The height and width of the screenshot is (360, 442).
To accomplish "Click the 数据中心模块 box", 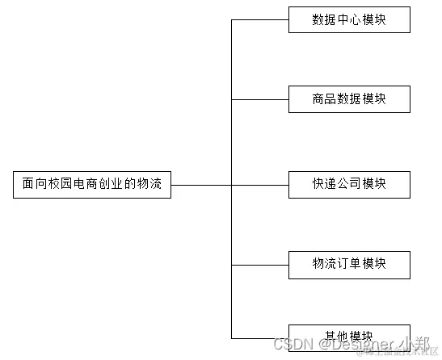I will [349, 20].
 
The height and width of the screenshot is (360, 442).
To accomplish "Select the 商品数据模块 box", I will [349, 99].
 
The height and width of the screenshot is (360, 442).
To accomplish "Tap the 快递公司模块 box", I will [349, 184].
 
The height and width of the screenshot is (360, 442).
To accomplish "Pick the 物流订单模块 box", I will [349, 264].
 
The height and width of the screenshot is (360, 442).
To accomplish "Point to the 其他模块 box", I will [349, 336].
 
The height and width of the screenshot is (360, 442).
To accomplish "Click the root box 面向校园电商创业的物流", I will [92, 185].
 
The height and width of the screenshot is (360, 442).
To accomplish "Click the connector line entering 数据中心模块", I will [260, 20].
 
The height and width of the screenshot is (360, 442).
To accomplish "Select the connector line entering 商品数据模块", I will [260, 99].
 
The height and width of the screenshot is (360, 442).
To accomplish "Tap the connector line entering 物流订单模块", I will [260, 265].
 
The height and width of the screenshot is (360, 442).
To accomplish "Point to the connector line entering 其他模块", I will [260, 337].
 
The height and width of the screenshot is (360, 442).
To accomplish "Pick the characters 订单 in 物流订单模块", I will [349, 264].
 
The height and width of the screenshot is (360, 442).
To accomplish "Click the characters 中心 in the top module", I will [349, 20].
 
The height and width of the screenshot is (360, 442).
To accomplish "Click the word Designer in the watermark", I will [355, 345].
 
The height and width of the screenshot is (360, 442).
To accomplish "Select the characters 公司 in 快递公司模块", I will [349, 184].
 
